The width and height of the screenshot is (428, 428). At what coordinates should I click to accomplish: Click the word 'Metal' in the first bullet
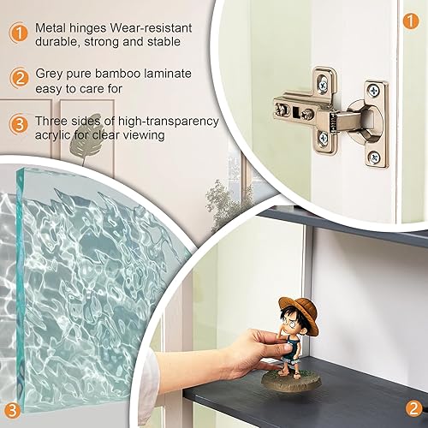(x=51, y=28)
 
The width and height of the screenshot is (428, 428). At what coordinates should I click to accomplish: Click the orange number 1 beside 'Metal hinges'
(x=19, y=33)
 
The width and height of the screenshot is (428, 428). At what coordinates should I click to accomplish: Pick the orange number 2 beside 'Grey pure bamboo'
(x=19, y=79)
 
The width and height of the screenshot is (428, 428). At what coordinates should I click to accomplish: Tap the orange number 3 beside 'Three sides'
(x=19, y=125)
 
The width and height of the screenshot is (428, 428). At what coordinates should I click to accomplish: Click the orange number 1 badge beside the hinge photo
(x=411, y=21)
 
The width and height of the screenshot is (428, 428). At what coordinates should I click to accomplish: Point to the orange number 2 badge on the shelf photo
(x=413, y=408)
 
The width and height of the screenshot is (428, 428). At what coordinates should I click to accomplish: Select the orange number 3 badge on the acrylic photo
(x=12, y=410)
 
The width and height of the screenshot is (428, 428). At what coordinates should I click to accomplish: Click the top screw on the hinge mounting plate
(x=324, y=85)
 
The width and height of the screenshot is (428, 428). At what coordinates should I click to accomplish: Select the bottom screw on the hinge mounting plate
(x=324, y=139)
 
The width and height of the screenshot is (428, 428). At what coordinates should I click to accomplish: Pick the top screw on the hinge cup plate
(x=373, y=91)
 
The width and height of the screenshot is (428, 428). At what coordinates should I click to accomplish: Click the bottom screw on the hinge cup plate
(x=374, y=157)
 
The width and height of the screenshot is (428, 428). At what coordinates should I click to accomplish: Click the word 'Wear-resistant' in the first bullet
(x=151, y=28)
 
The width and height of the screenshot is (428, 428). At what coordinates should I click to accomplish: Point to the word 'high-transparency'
(x=169, y=122)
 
